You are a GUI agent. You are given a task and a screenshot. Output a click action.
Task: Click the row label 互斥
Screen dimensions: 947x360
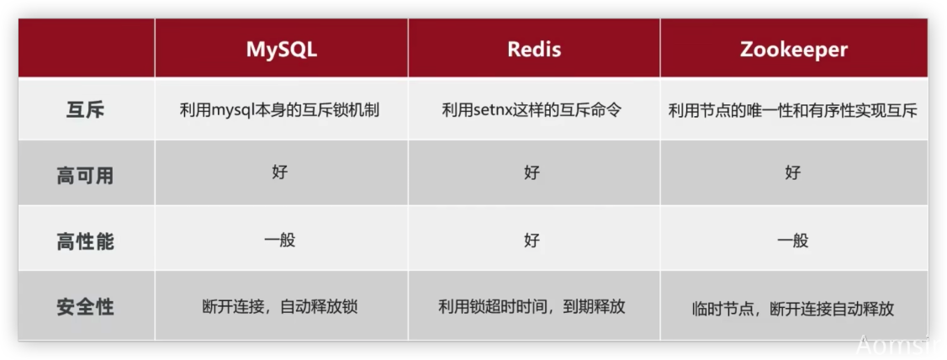pos(85,110)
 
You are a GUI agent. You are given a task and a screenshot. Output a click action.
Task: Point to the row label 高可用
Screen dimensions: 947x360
pos(85,177)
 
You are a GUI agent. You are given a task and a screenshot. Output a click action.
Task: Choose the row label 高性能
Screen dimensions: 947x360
pos(85,241)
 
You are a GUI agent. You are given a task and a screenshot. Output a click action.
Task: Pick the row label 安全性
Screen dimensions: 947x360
pos(85,308)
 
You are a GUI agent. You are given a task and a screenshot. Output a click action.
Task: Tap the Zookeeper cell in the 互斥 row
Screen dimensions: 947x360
pos(793,111)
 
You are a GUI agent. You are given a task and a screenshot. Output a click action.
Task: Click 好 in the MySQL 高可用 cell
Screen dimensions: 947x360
pos(279,172)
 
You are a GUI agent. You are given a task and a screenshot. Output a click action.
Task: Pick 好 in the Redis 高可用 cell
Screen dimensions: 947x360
pos(532,172)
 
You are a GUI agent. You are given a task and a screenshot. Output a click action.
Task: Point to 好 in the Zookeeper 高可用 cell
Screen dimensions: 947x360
pos(793,172)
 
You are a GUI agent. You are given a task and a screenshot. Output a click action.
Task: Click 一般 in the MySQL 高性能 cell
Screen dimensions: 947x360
pos(279,240)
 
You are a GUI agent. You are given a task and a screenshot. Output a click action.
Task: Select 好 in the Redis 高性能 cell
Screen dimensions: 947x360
pos(532,241)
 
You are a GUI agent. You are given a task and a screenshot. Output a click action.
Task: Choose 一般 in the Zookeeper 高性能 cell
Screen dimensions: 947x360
pos(793,241)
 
